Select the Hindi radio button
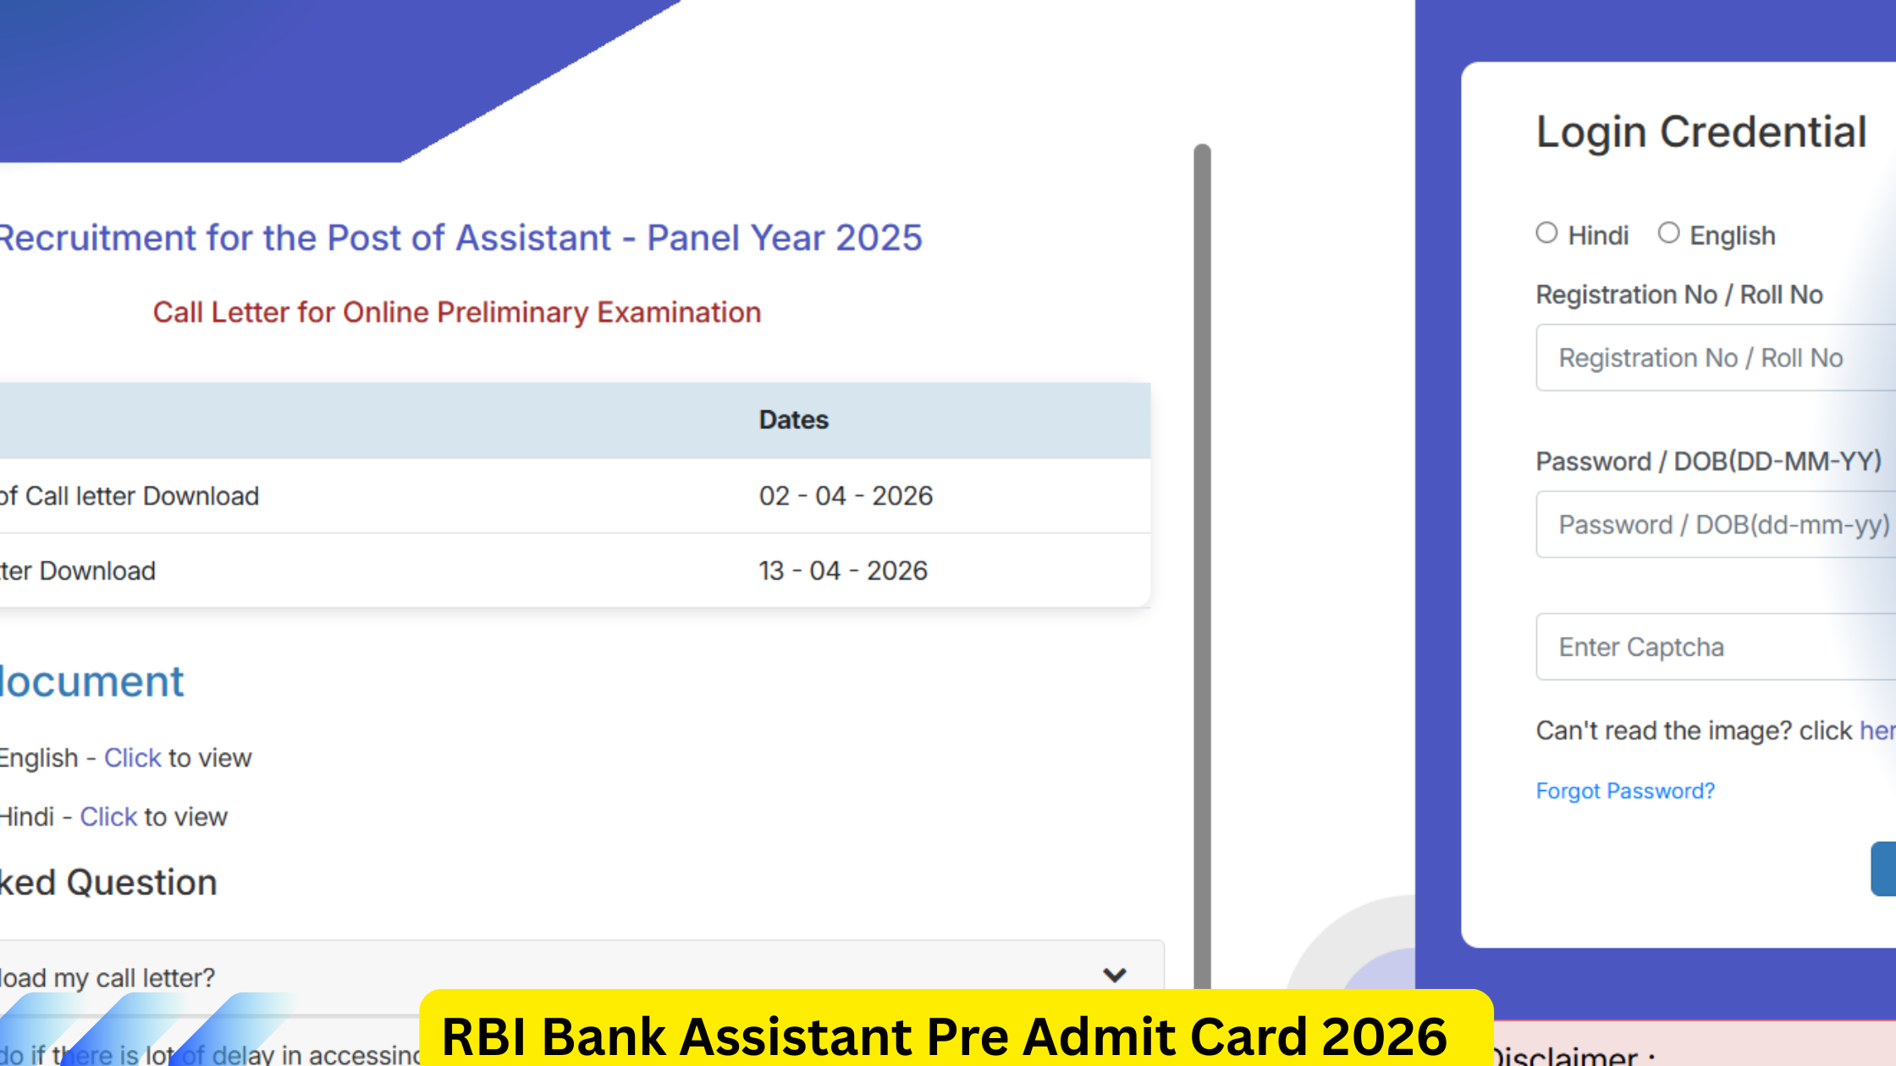pos(1546,234)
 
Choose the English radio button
pos(1668,234)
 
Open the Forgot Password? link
pos(1625,791)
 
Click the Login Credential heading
pos(1701,133)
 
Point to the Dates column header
pos(793,420)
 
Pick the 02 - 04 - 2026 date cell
pos(846,496)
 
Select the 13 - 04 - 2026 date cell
pos(843,571)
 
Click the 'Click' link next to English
pos(132,758)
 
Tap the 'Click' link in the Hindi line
pos(108,817)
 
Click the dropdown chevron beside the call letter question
pos(1115,975)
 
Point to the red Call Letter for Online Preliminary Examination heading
pos(457,313)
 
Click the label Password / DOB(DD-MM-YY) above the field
pos(1708,462)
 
